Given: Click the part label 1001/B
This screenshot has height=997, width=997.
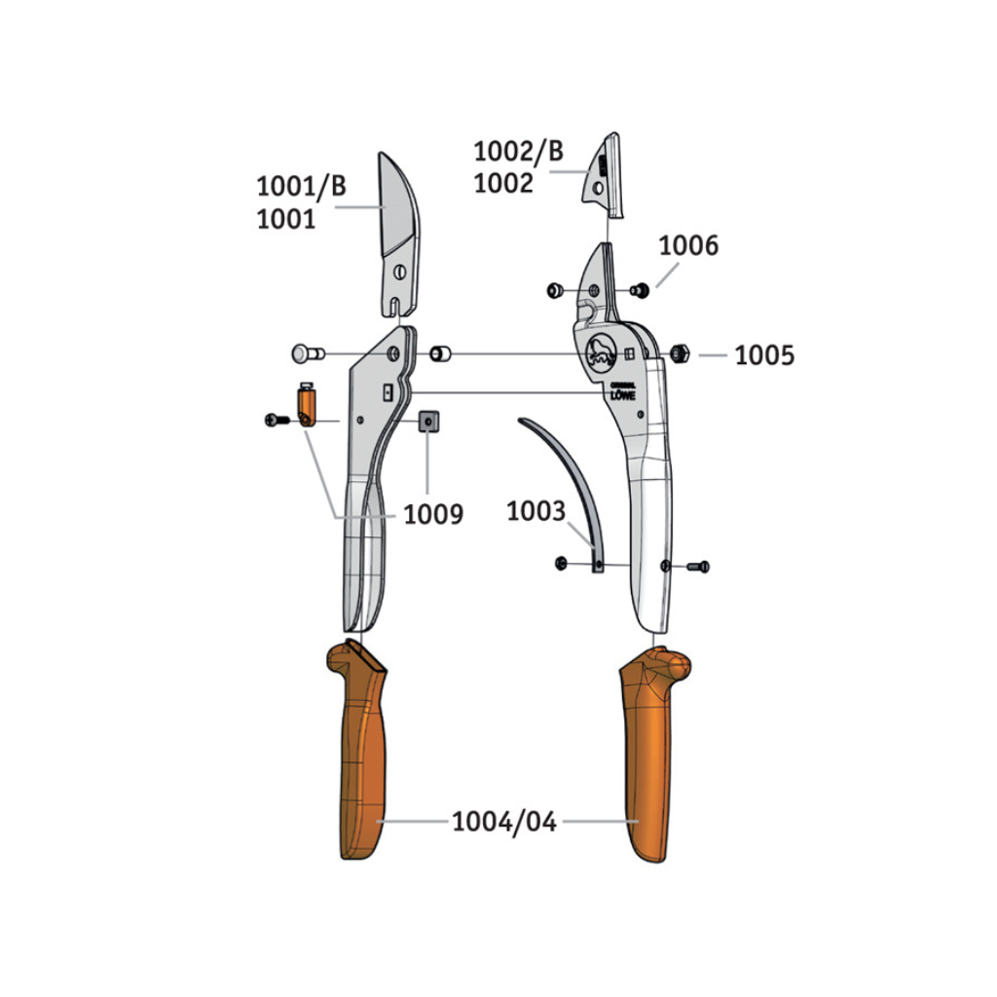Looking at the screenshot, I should [x=301, y=186].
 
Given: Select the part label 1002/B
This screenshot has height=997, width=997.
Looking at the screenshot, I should [x=518, y=152].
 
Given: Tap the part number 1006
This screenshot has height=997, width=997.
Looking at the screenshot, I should [x=688, y=245].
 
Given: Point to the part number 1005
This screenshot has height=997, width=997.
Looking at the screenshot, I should [x=764, y=355].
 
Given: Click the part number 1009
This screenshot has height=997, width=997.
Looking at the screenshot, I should [x=433, y=512].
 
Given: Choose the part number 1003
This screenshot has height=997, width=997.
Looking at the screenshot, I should [x=535, y=511].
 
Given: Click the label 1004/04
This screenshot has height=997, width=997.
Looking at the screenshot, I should [x=503, y=822].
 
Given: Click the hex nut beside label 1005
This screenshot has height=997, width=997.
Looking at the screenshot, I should [x=681, y=352].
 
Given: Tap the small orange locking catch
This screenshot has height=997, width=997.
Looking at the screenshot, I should [x=307, y=405].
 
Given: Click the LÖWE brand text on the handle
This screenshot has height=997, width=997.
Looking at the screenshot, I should [x=622, y=394].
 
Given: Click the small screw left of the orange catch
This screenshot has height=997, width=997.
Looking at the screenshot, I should [x=275, y=420].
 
